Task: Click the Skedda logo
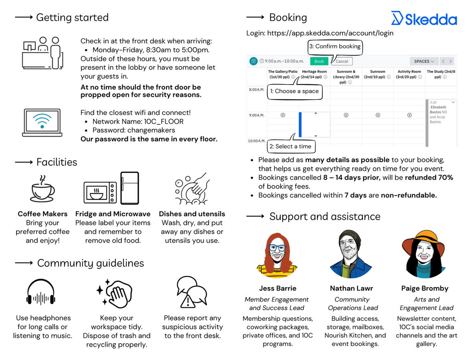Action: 424,18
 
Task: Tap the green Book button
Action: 319,61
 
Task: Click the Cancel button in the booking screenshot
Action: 342,61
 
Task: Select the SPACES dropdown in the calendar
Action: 424,61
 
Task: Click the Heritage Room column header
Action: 314,74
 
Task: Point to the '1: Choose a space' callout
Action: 294,91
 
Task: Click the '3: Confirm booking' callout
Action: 335,46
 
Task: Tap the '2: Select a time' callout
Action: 291,146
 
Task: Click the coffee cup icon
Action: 42,189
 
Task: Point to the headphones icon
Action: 40,293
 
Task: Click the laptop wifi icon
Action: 42,122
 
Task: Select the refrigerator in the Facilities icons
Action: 129,188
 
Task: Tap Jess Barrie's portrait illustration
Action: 277,254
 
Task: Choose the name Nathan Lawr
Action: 351,288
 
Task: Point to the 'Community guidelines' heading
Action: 90,263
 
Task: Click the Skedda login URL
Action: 330,33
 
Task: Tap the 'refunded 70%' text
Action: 429,177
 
